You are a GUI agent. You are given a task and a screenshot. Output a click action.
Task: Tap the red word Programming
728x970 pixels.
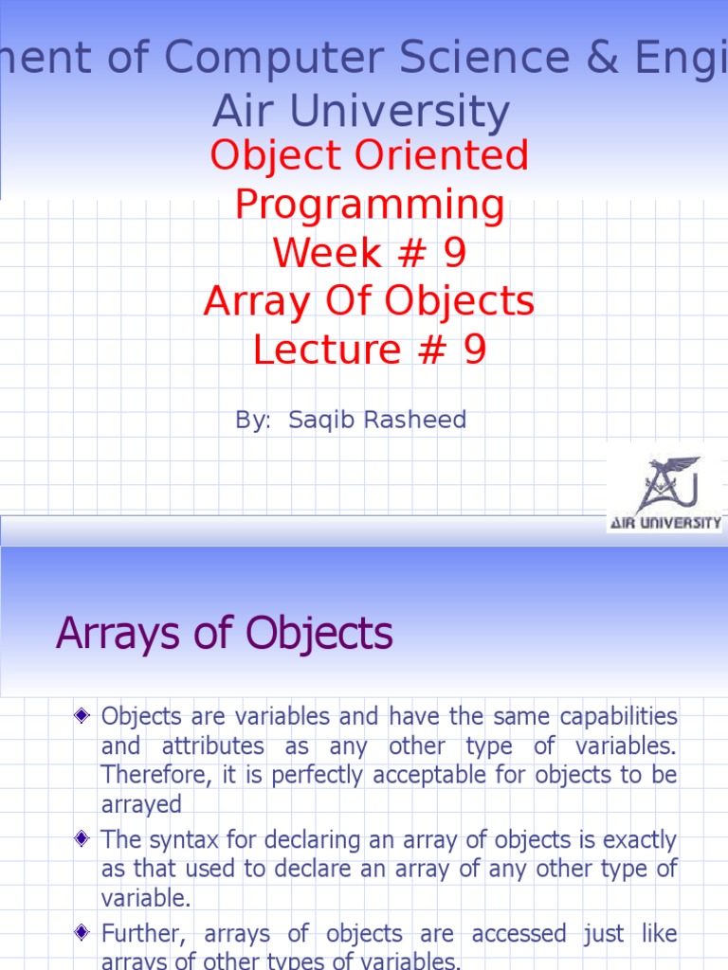[369, 204]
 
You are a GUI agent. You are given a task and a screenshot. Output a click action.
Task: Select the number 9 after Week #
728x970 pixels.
[453, 253]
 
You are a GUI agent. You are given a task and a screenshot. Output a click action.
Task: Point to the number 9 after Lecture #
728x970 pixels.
[474, 350]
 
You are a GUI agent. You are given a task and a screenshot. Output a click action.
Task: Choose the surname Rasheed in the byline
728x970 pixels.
[416, 420]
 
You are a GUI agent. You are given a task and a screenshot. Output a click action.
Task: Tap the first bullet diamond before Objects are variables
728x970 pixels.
[82, 714]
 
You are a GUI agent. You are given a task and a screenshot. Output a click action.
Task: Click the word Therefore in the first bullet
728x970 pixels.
[151, 777]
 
